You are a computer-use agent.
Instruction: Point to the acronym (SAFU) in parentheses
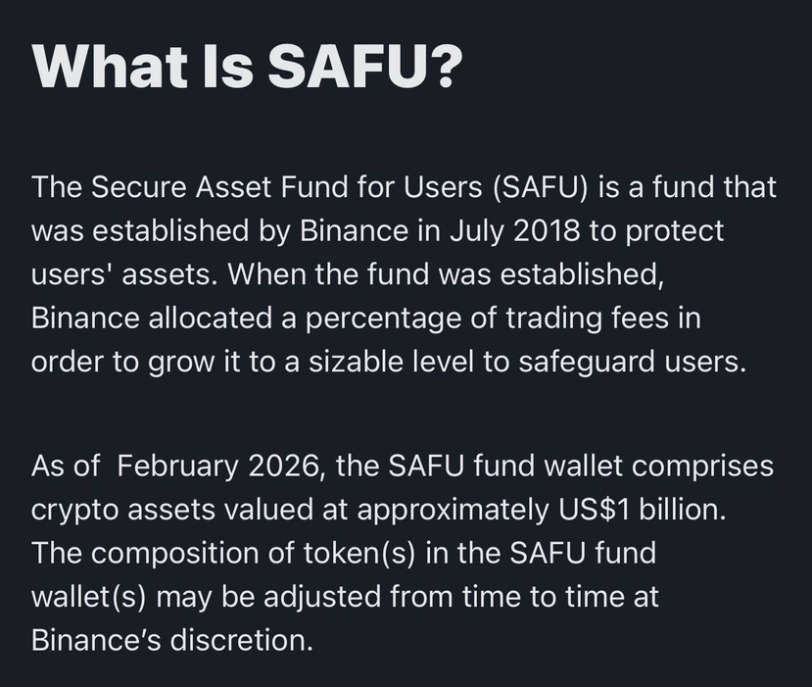click(x=540, y=187)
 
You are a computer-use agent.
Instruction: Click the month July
click(x=476, y=231)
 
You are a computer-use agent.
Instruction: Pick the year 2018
click(x=547, y=230)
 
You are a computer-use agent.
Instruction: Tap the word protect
click(x=674, y=232)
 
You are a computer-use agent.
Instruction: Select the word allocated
click(x=210, y=318)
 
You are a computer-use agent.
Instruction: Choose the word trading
click(x=553, y=319)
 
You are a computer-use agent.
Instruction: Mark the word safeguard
click(x=587, y=363)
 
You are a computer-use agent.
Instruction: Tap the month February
click(x=177, y=467)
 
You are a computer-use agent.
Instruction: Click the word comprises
click(x=702, y=467)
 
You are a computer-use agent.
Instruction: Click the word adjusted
click(x=322, y=598)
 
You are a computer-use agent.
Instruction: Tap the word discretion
click(x=241, y=640)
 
